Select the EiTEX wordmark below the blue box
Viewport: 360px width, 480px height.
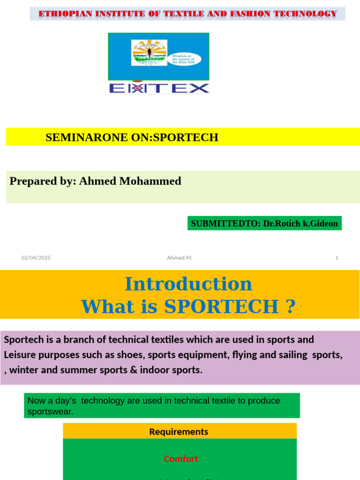[159, 88]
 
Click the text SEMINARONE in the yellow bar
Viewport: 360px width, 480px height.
[79, 137]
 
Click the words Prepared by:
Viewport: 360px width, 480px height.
[43, 181]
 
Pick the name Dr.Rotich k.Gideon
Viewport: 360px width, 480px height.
[300, 224]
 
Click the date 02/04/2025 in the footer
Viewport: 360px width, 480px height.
[36, 258]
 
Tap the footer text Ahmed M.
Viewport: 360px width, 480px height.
[180, 258]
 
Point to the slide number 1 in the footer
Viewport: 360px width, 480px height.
[337, 258]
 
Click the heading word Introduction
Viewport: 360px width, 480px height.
[188, 284]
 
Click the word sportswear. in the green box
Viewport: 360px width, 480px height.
[50, 412]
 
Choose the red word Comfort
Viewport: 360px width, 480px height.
[181, 459]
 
